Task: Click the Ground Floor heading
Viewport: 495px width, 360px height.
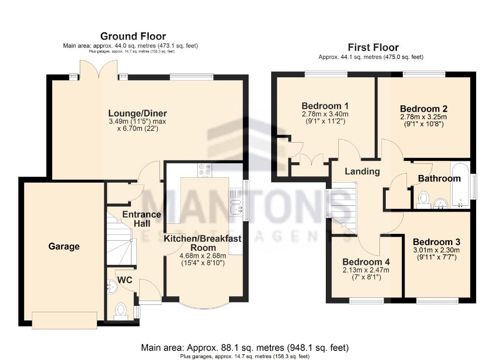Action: (133, 36)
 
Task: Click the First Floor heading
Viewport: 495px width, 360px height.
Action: (373, 47)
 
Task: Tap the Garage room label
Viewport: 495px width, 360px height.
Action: (64, 246)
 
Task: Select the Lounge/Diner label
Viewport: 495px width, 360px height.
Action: (137, 114)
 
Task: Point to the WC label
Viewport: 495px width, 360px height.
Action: (125, 280)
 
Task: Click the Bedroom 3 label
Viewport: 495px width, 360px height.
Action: (437, 242)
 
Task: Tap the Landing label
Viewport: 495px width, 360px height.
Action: (362, 171)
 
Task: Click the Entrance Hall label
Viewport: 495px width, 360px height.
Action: (141, 219)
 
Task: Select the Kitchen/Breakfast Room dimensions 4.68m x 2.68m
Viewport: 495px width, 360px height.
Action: (203, 256)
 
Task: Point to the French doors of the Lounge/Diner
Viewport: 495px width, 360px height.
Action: (99, 71)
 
